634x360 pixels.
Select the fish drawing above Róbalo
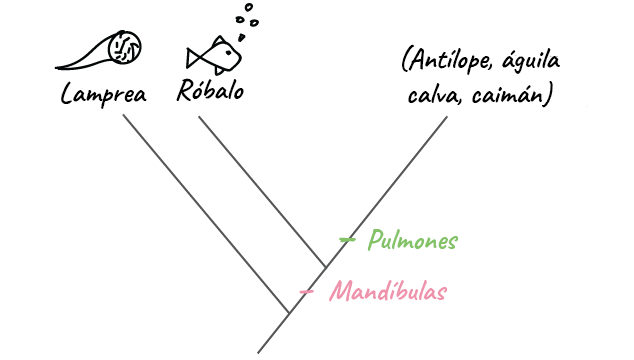coord(212,55)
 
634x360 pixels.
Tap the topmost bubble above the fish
coord(244,6)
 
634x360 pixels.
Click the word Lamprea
coord(104,94)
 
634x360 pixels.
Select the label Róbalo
coord(209,91)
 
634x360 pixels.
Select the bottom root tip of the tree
coord(259,351)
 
